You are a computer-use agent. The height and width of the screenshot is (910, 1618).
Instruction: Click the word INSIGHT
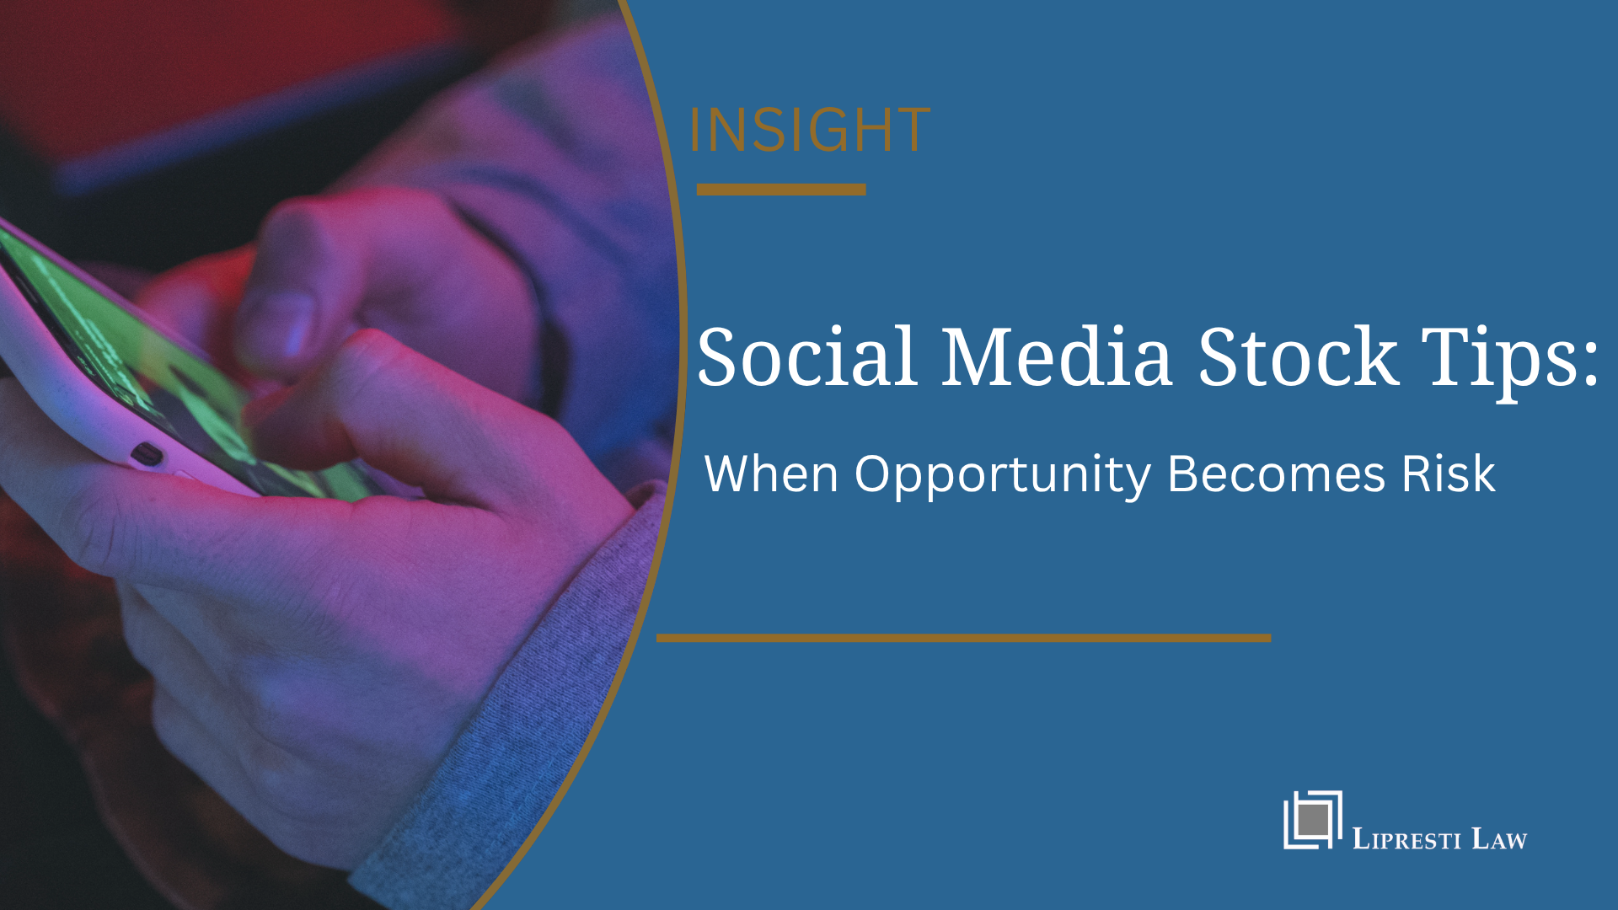click(x=809, y=131)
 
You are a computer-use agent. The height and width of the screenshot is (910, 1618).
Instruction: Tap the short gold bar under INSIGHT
click(x=781, y=190)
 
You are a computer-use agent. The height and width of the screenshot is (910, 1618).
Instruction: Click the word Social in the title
click(x=807, y=357)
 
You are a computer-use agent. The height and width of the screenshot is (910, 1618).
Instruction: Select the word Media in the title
click(x=1056, y=357)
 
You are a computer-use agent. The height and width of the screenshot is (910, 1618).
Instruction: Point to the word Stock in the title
click(x=1298, y=357)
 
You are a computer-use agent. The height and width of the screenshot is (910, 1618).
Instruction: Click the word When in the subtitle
click(x=771, y=474)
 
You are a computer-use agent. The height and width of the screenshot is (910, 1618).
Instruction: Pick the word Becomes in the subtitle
click(x=1276, y=474)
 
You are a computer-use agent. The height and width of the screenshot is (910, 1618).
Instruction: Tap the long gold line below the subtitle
click(x=963, y=638)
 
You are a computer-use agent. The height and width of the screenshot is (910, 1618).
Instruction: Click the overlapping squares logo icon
click(x=1312, y=820)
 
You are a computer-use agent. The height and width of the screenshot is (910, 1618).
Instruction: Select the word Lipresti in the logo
click(x=1406, y=839)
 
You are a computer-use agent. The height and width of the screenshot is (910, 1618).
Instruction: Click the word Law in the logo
click(x=1499, y=839)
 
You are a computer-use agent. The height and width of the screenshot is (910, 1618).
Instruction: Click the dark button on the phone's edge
click(x=147, y=454)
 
